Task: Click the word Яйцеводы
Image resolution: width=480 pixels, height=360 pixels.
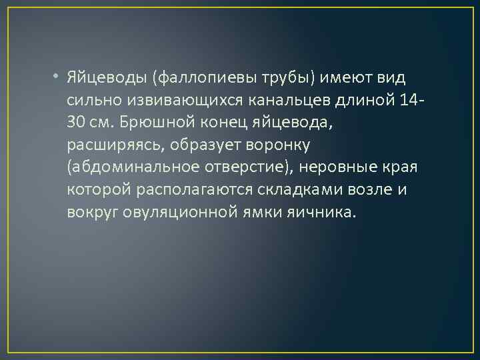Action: [x=107, y=79]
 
